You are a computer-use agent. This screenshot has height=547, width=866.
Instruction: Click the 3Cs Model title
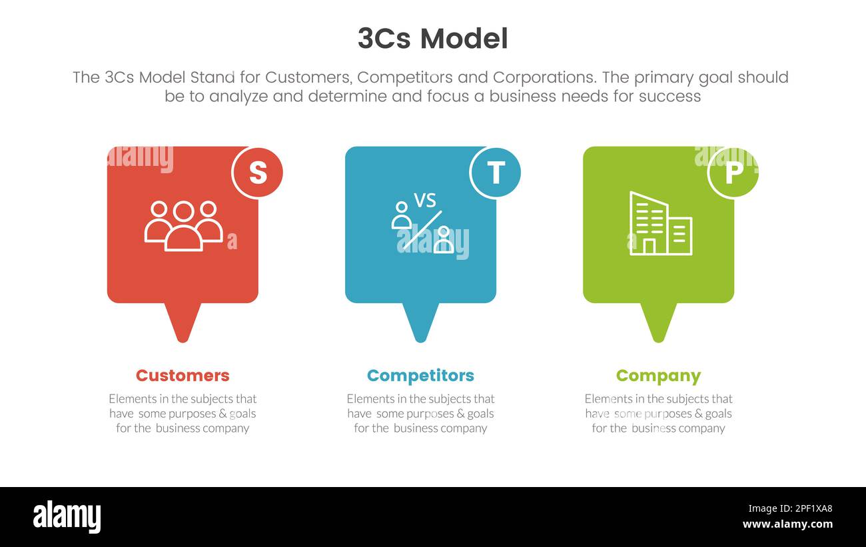[x=432, y=39]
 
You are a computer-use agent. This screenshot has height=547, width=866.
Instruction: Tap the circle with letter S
[x=257, y=173]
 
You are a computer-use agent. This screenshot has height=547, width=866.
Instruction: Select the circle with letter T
[x=495, y=173]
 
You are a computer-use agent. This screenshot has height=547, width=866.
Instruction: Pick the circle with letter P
[x=733, y=173]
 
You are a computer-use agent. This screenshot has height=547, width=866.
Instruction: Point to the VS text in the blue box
[x=424, y=200]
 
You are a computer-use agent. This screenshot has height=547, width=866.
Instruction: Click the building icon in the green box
[x=660, y=224]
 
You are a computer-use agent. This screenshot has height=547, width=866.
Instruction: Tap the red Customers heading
[x=183, y=376]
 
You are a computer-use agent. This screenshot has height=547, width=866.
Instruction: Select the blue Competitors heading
[x=420, y=376]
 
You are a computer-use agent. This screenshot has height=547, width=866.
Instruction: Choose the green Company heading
[x=658, y=376]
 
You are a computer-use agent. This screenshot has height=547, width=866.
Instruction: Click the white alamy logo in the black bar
[x=67, y=517]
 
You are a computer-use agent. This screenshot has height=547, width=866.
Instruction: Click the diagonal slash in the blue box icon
[x=422, y=229]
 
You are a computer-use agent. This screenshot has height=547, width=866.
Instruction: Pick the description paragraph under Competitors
[x=420, y=413]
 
